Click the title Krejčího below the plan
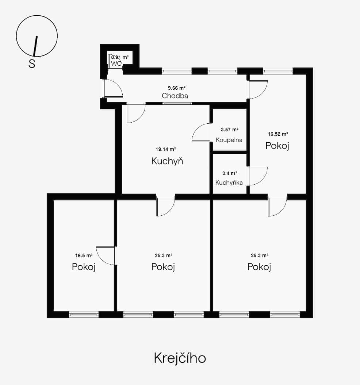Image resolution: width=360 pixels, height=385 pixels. [180, 358]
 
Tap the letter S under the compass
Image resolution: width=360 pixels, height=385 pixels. [32, 64]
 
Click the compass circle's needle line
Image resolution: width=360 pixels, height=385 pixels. [35, 46]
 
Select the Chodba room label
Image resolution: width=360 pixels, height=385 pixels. [175, 96]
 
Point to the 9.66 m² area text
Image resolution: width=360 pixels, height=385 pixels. [177, 88]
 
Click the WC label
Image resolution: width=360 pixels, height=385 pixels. [116, 63]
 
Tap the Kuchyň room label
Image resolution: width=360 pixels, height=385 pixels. [167, 161]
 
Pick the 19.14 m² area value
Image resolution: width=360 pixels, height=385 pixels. [166, 149]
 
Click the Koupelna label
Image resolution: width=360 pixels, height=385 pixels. [229, 140]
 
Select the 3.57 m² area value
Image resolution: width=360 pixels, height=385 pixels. [230, 130]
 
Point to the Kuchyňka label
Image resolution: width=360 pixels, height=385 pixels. [229, 182]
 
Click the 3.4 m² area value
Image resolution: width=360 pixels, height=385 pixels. [229, 173]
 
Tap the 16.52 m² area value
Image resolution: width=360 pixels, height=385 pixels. [277, 134]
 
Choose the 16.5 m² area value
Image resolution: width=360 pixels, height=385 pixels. [84, 256]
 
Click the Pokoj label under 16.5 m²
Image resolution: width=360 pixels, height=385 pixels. [84, 267]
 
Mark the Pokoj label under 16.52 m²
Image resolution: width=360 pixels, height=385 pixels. [277, 146]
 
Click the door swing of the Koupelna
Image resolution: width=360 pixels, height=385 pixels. [201, 133]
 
